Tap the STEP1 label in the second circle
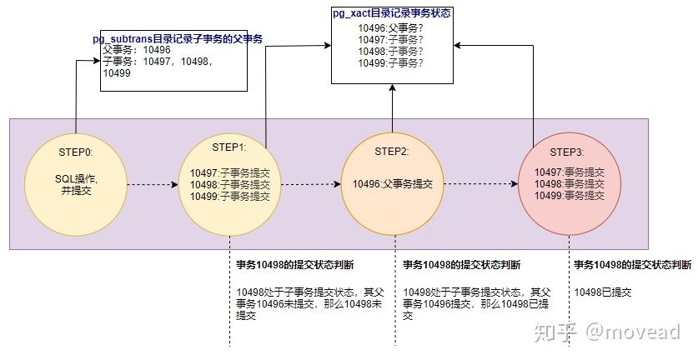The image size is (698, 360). (229, 147)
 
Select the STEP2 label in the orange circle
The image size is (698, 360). (392, 152)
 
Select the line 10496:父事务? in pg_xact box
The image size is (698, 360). (389, 27)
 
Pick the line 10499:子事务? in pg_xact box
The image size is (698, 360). (389, 62)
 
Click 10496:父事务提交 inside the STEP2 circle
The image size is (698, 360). (392, 184)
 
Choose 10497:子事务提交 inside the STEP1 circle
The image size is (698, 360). (229, 173)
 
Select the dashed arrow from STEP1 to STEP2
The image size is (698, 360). (313, 184)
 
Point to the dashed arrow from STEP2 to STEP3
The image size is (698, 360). (484, 184)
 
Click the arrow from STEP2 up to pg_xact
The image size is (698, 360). (393, 108)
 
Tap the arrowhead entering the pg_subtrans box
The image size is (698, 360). (90, 62)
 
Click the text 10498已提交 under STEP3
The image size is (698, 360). (603, 292)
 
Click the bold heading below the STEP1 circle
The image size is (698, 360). (295, 265)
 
